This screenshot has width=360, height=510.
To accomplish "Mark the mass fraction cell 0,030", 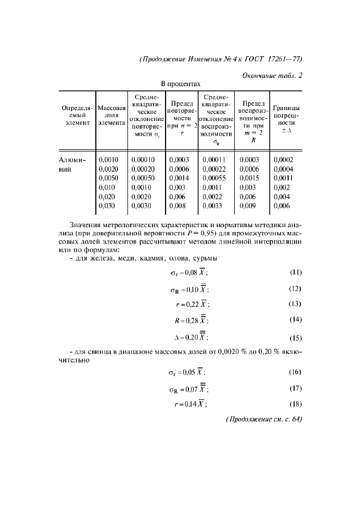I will [x=107, y=206].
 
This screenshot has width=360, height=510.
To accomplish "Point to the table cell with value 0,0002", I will [x=283, y=160].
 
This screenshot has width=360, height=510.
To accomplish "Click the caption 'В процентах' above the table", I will [x=180, y=84].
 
